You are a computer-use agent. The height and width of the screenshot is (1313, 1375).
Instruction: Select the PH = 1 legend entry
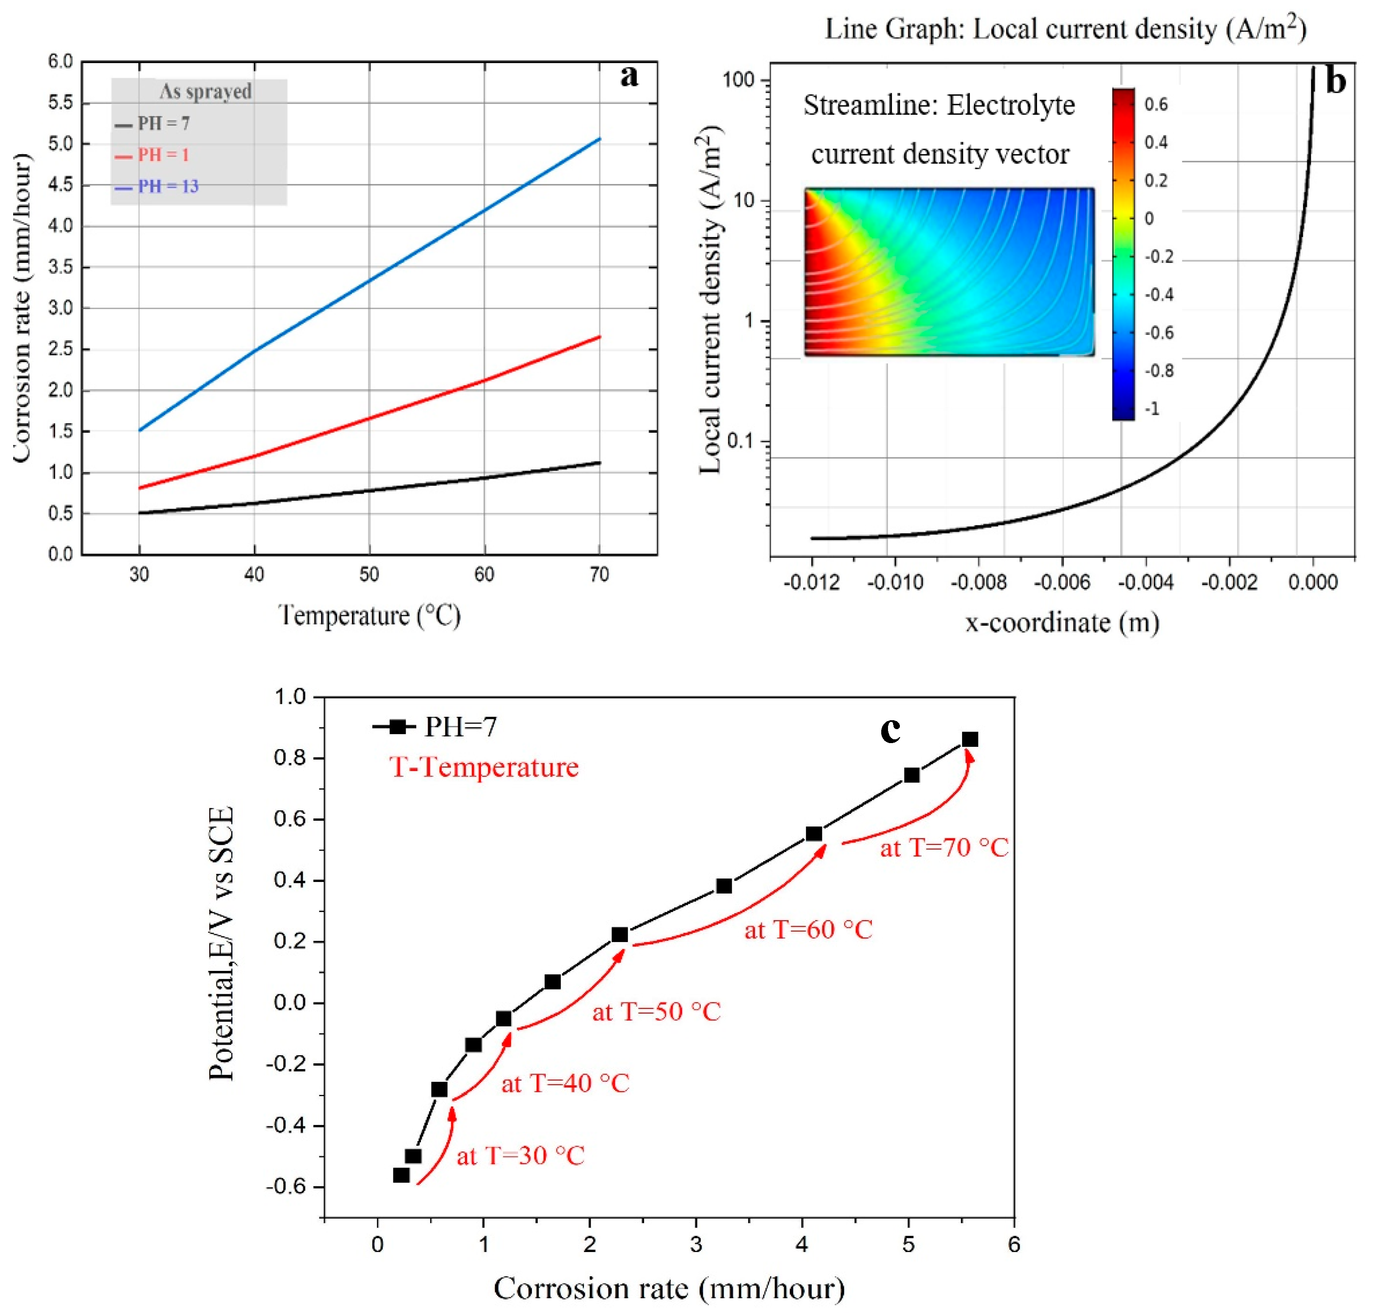[163, 155]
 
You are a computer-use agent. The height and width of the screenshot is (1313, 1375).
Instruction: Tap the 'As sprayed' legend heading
[205, 92]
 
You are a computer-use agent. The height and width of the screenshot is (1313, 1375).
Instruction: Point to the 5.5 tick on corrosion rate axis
[60, 103]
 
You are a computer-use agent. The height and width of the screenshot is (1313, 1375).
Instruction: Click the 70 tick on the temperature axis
[599, 575]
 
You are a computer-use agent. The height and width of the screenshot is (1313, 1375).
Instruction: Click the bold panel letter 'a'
[629, 76]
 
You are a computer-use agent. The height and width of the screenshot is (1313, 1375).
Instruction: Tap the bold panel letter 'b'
[1335, 82]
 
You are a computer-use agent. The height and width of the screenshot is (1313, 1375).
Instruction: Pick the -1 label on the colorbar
[1152, 409]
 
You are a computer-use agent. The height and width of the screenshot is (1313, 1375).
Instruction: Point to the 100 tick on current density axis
[739, 80]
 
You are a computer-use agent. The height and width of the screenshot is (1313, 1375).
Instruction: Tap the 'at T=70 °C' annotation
[944, 848]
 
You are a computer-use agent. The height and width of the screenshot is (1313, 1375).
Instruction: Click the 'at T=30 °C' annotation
[520, 1155]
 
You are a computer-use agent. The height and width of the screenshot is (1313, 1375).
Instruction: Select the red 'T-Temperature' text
[484, 767]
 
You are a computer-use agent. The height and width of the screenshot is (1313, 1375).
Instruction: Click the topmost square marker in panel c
[970, 740]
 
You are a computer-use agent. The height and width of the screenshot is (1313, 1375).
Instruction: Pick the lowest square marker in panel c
[401, 1175]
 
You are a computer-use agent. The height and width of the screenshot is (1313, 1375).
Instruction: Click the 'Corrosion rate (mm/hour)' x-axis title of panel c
[669, 1288]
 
